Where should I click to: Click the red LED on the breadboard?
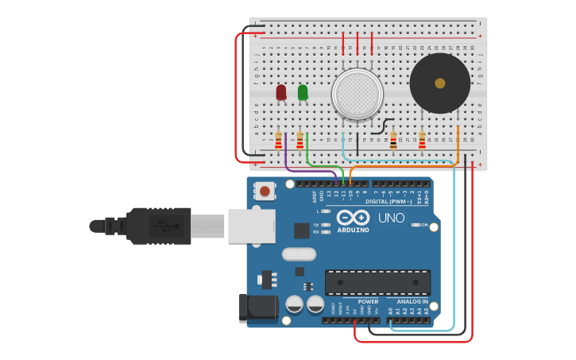click(281, 93)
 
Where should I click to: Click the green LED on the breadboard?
click(303, 93)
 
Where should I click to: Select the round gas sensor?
click(358, 94)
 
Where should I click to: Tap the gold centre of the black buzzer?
click(439, 83)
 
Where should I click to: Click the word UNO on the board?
click(392, 218)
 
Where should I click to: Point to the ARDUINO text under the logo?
click(354, 230)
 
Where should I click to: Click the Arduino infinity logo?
click(353, 218)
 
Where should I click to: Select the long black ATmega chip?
click(378, 282)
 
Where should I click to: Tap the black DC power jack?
click(257, 308)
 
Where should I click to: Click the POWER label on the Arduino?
click(368, 302)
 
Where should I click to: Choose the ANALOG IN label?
click(412, 302)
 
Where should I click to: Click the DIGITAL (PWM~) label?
click(388, 202)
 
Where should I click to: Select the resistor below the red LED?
click(278, 141)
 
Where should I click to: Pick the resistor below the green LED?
click(300, 141)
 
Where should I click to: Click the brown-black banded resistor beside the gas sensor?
click(393, 141)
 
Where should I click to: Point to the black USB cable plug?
click(159, 226)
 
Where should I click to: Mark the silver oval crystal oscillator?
click(299, 254)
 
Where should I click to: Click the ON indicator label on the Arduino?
click(424, 225)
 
